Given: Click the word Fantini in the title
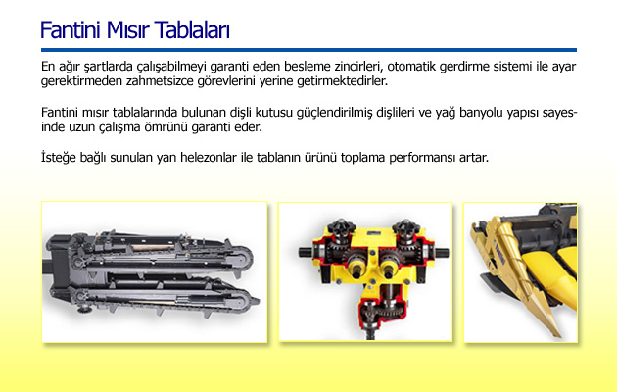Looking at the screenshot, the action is (x=71, y=30).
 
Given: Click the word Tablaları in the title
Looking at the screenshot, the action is (x=192, y=30).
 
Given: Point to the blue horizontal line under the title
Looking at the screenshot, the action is (x=308, y=50).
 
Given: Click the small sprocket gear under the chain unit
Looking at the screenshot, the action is (x=83, y=308).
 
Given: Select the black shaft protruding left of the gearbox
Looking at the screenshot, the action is (x=307, y=252).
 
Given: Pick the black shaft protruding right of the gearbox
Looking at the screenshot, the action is (x=441, y=252).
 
